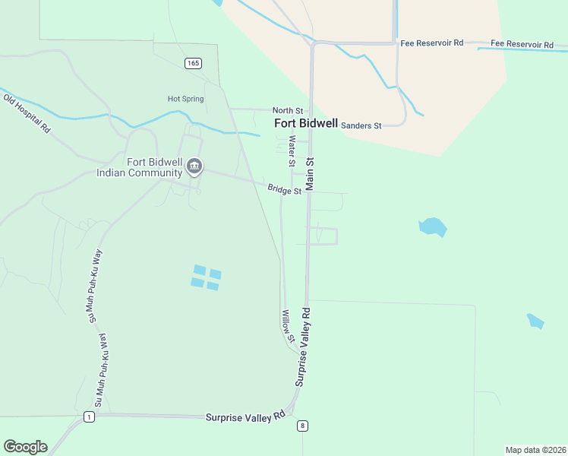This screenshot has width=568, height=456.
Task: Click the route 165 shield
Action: pos(192,63)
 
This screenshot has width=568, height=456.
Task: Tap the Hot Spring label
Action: pos(186,99)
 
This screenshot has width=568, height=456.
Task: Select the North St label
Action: pos(288,111)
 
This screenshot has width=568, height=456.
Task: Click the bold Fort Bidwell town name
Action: pos(306,123)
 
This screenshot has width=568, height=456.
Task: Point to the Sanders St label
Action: pos(361,125)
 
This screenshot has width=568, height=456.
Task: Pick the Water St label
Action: pos(291,152)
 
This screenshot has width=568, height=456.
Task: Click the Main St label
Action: pos(310,174)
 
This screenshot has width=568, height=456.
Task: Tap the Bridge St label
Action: pos(284,189)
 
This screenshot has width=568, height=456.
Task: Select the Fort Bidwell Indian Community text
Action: pos(144,167)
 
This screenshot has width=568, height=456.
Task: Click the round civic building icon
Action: pos(194,166)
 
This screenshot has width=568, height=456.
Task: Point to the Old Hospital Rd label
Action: pos(27,114)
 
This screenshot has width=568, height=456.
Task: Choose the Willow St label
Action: pos(287,325)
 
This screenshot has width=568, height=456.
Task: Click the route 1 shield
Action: pos(90,417)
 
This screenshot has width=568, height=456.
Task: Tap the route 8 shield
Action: pos(302,426)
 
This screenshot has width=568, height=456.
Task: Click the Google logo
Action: pos(25,447)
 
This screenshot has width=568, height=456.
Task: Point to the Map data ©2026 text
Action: pos(535,450)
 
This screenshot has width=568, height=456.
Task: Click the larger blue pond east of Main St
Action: pos(432,226)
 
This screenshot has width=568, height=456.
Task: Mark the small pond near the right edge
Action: pos(535,321)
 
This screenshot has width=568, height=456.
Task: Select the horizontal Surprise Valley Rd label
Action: pos(245,416)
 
